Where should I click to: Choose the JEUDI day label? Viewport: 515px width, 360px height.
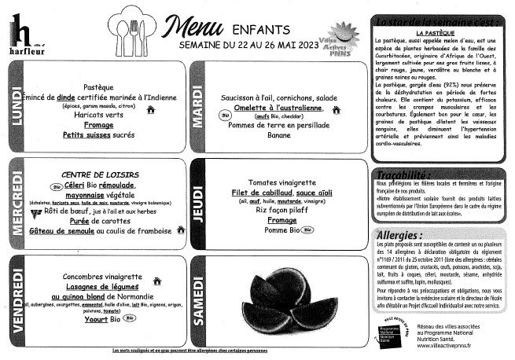coord(197,201)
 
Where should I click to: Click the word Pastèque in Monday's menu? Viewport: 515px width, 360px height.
coord(98,86)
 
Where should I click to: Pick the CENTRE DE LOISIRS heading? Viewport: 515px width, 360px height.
coord(100,174)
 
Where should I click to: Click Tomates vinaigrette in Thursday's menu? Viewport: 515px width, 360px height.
coord(281,182)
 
